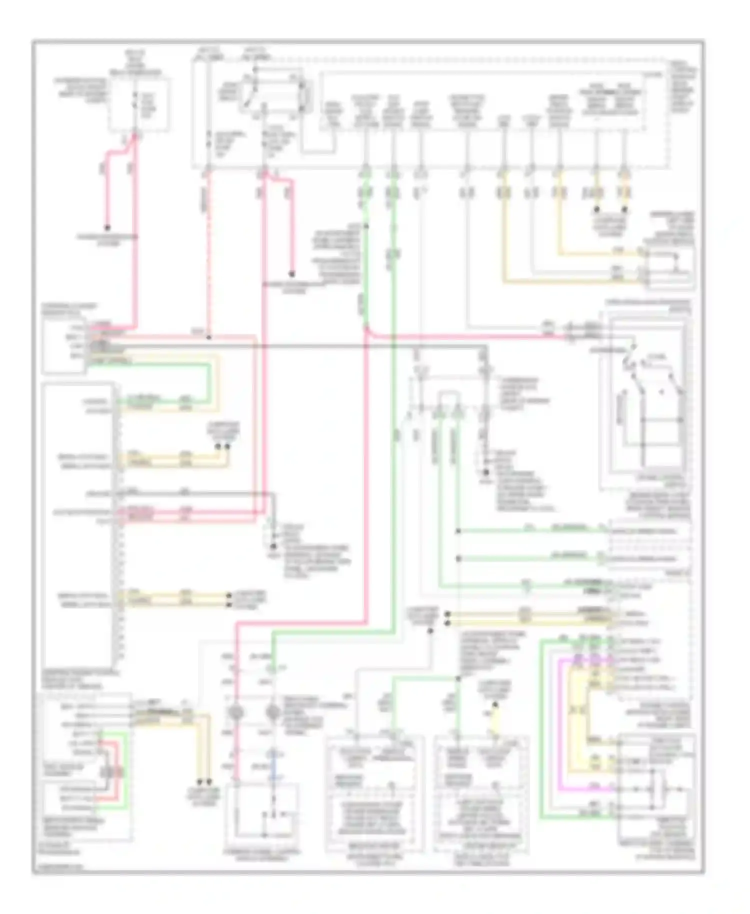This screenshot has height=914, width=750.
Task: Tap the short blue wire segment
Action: tap(273, 762)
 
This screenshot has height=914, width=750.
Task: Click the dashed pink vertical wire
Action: tap(208, 250)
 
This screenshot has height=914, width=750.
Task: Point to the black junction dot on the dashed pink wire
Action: tap(208, 337)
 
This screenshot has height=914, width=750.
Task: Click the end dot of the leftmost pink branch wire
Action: tap(107, 227)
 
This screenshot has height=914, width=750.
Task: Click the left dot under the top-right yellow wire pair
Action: tap(596, 210)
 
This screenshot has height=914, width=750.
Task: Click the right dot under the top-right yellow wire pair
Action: tap(624, 210)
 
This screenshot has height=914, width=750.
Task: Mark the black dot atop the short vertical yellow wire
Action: tap(495, 704)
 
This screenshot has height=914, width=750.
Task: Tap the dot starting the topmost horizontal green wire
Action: tap(458, 531)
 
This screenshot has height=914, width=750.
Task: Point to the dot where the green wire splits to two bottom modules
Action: tap(458, 678)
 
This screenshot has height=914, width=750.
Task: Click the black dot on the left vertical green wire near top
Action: tap(366, 226)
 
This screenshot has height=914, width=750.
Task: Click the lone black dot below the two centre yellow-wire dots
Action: tap(430, 631)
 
